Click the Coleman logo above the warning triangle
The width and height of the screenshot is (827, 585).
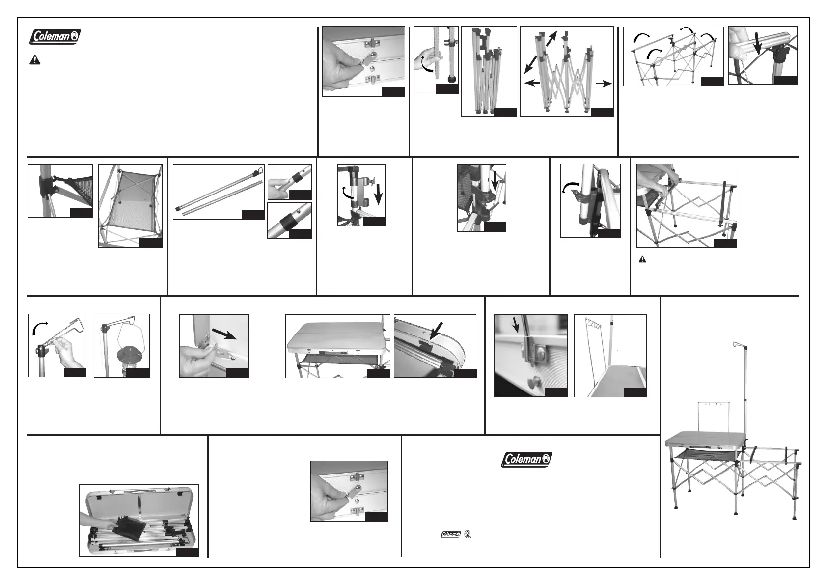coord(55,36)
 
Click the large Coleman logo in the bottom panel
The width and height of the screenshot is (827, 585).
coord(526,460)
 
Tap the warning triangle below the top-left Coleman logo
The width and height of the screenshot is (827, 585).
coord(35,60)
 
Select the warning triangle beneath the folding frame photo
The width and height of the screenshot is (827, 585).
coord(643,259)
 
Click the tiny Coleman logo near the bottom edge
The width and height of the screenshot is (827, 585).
coord(449,534)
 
